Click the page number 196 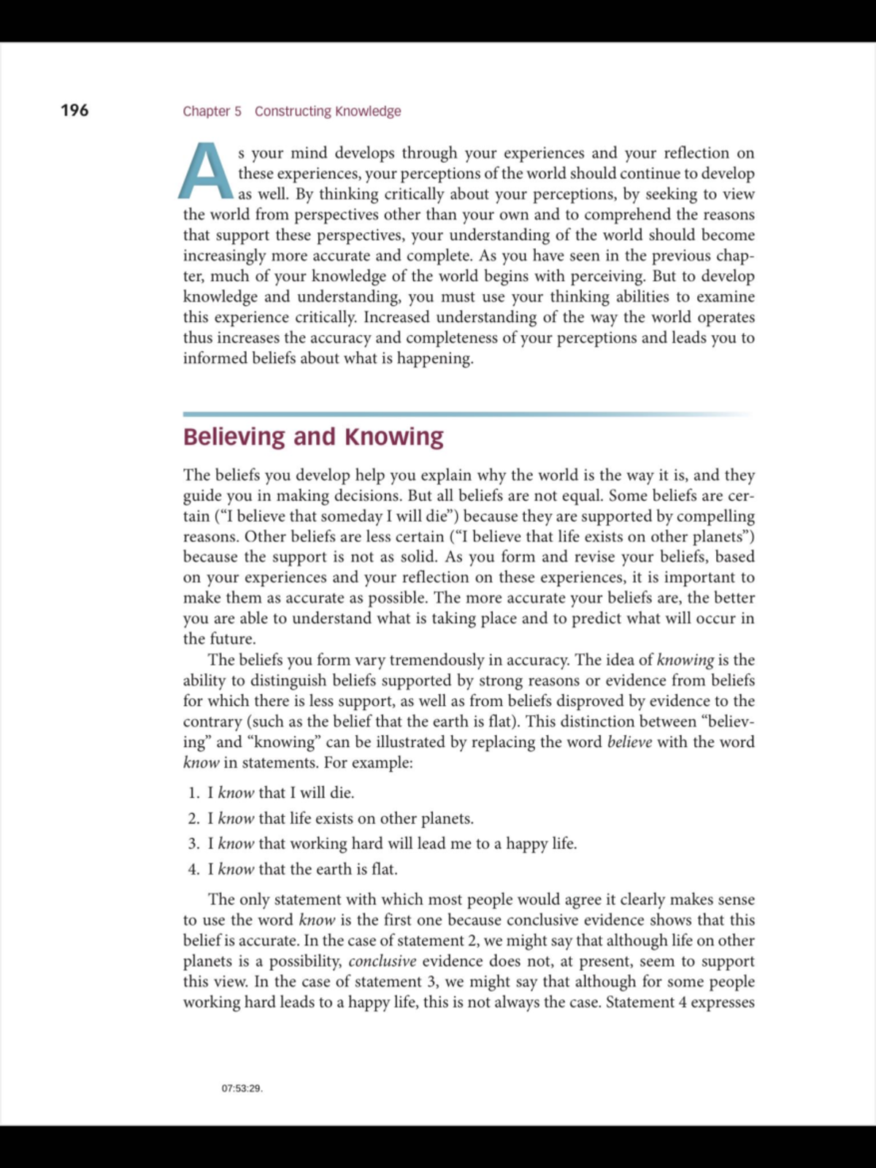coord(74,110)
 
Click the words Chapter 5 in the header coord(212,111)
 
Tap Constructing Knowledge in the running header coord(328,111)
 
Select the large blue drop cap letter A coord(206,172)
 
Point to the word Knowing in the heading coord(394,437)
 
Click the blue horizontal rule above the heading coord(467,414)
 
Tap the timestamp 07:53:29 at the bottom coord(242,1088)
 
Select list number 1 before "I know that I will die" coord(193,793)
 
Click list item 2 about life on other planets coord(340,818)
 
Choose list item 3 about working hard coord(391,844)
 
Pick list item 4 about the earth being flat coord(302,869)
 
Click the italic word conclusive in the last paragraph coord(382,961)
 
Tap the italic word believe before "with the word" coord(629,742)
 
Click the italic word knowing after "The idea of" coord(685,660)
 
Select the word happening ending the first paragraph coord(435,358)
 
